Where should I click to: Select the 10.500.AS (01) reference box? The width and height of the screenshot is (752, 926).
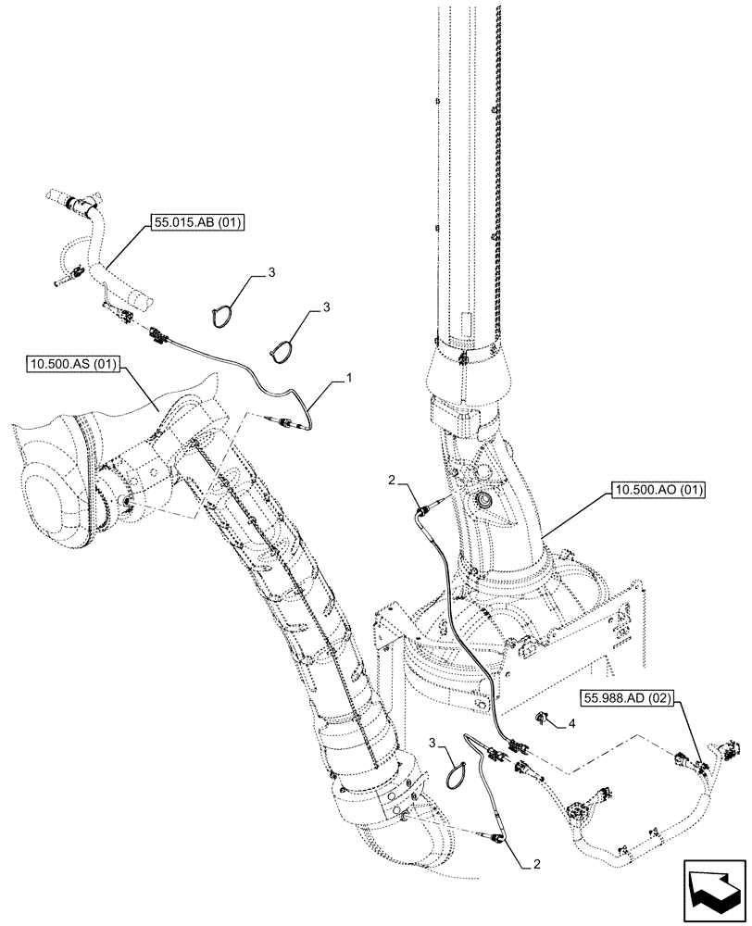click(x=70, y=365)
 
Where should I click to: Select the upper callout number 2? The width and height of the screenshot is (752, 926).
click(x=393, y=481)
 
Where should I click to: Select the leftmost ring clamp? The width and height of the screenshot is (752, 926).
click(x=219, y=314)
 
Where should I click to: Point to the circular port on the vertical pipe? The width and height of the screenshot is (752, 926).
click(x=483, y=502)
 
